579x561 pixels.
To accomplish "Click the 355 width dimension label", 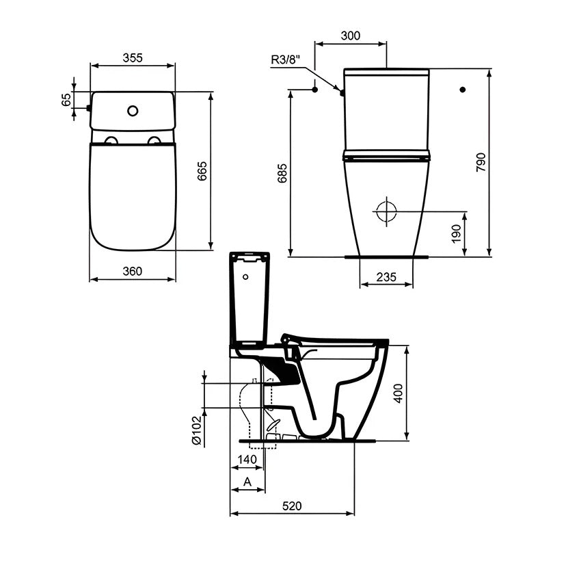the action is [133, 57].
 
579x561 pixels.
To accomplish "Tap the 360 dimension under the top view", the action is [133, 271].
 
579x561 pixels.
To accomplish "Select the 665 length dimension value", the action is [202, 171].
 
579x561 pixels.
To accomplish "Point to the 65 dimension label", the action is [66, 100].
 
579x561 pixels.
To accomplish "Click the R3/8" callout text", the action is [286, 60].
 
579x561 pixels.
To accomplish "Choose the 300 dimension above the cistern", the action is [351, 36].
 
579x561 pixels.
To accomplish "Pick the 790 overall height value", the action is [481, 162].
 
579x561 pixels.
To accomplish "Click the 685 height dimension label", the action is [282, 173].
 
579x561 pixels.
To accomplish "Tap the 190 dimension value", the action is [457, 233].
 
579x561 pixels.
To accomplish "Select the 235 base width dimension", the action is [386, 277].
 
